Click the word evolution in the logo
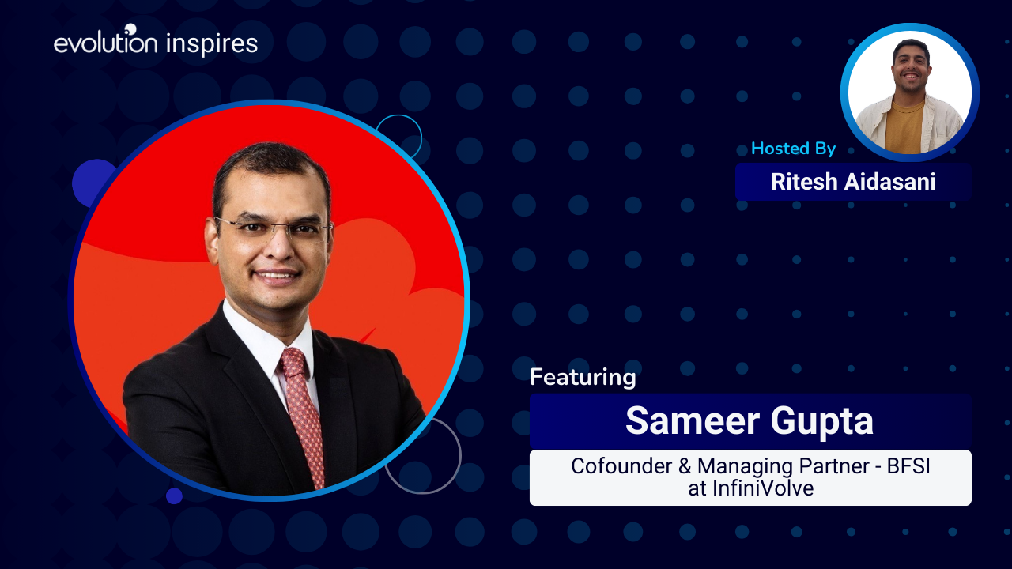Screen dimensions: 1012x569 pyautogui.click(x=106, y=43)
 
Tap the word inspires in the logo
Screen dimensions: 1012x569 pyautogui.click(x=212, y=44)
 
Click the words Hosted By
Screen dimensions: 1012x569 pyautogui.click(x=793, y=149)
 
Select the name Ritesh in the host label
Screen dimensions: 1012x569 pyautogui.click(x=804, y=182)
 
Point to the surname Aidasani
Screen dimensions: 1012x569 pyautogui.click(x=890, y=182)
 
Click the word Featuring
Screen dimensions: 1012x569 pyautogui.click(x=583, y=378)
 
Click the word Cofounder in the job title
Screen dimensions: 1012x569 pyautogui.click(x=621, y=466)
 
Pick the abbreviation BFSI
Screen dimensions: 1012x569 pyautogui.click(x=908, y=466)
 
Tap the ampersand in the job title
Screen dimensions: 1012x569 pyautogui.click(x=685, y=466)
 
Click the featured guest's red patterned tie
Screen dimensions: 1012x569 pyautogui.click(x=304, y=416)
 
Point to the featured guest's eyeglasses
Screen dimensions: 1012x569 pyautogui.click(x=274, y=228)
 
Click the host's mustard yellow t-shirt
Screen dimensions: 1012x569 pyautogui.click(x=904, y=127)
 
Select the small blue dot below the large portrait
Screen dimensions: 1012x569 pyautogui.click(x=175, y=496)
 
